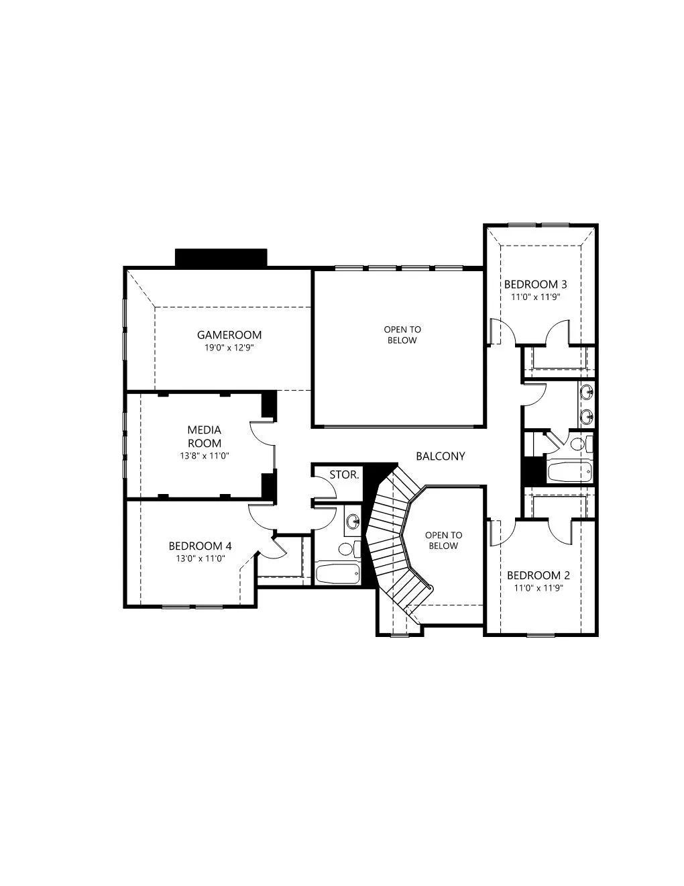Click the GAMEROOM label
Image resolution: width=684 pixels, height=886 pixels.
click(229, 335)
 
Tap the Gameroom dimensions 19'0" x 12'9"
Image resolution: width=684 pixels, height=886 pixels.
click(229, 348)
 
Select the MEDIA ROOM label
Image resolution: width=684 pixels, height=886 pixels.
click(205, 436)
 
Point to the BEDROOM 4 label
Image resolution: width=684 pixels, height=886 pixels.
click(200, 546)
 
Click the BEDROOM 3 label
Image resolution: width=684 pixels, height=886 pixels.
click(536, 284)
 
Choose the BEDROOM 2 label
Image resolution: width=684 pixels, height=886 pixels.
click(538, 575)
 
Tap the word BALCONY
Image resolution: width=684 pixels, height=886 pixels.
click(441, 456)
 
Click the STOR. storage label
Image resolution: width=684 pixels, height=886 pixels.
click(344, 475)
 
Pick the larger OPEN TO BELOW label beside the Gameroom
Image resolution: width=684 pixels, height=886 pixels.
click(402, 335)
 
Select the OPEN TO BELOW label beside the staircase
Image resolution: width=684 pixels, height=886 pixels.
click(443, 540)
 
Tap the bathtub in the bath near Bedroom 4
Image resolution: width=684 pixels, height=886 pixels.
click(338, 574)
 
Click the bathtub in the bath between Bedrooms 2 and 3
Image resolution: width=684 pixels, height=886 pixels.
click(569, 472)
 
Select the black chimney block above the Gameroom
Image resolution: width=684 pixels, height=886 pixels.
click(221, 258)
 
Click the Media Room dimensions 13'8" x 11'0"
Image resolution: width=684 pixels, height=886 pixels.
click(205, 456)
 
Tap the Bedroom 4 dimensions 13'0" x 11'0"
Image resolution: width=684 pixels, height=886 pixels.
click(201, 558)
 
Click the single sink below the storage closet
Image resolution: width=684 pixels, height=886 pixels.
click(353, 521)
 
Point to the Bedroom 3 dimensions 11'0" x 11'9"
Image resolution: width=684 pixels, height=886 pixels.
click(536, 297)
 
